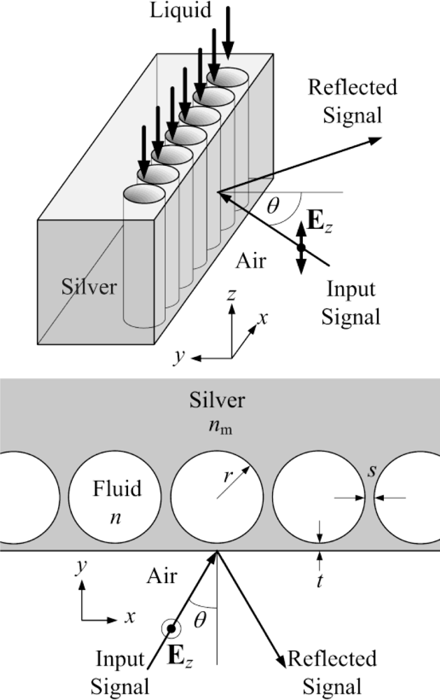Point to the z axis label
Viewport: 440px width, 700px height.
(230, 296)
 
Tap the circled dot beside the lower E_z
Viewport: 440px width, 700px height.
(171, 630)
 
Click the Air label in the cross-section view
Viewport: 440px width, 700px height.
(162, 575)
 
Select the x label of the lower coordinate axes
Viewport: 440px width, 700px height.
(129, 617)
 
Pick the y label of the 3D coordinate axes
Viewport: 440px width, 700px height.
(180, 356)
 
